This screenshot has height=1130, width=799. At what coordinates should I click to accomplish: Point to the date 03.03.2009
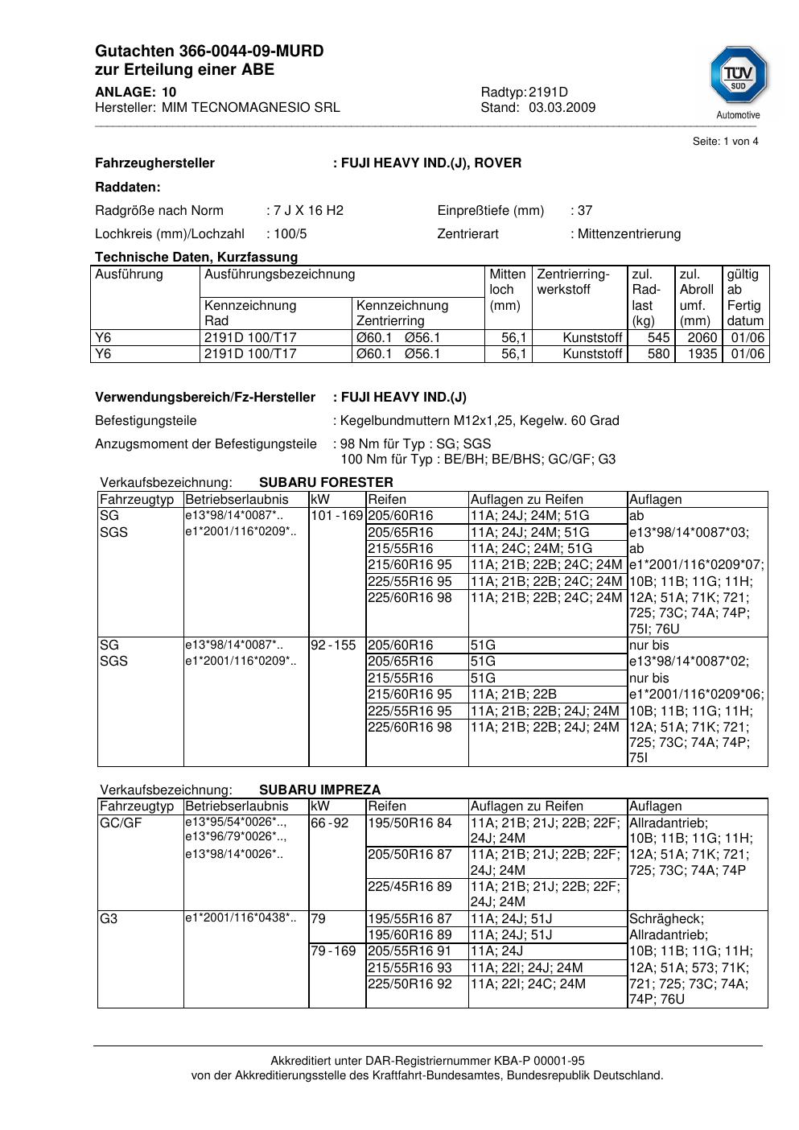point(562,108)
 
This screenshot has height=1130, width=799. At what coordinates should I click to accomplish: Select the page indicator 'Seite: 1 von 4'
point(725,142)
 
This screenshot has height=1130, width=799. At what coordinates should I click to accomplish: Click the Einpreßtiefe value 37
point(585,211)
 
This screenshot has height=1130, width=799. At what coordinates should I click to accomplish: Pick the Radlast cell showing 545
point(658,338)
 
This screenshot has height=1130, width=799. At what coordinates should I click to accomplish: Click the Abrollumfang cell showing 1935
point(702,354)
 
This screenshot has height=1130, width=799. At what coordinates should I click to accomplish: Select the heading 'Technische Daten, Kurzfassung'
point(196,258)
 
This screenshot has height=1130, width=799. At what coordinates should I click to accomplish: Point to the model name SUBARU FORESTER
point(326,483)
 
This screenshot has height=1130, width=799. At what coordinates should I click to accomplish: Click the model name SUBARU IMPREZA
point(319,790)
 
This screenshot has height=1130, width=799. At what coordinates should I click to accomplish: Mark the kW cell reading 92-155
point(333,645)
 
